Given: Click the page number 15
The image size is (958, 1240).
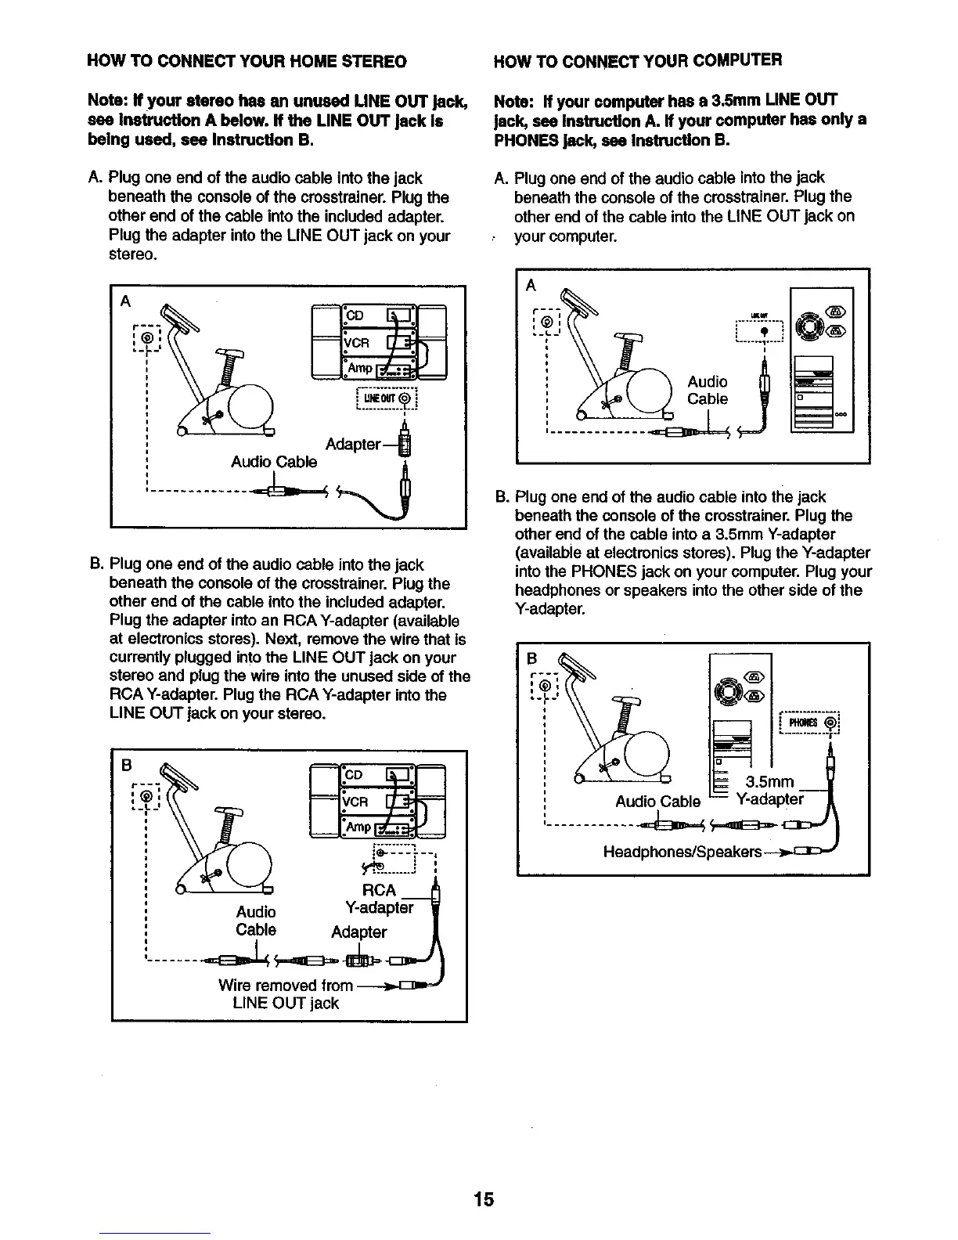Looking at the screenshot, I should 484,1199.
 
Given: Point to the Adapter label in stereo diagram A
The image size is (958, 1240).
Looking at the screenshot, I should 352,445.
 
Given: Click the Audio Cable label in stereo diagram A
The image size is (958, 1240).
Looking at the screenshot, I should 274,462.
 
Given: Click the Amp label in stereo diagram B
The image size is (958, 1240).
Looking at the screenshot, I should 359,827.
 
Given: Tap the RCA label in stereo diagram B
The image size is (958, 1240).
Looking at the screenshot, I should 380,890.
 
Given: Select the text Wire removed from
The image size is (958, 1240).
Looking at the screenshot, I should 286,986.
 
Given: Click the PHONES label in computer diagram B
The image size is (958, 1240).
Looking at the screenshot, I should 800,723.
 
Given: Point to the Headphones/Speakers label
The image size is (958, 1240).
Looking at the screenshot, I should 682,851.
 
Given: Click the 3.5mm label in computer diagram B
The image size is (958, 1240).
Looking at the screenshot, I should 770,782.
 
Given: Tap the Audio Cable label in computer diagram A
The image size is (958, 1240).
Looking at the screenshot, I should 708,390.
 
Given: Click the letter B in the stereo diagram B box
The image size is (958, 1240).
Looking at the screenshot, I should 124,764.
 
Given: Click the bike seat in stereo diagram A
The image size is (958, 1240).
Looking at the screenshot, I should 230,353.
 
